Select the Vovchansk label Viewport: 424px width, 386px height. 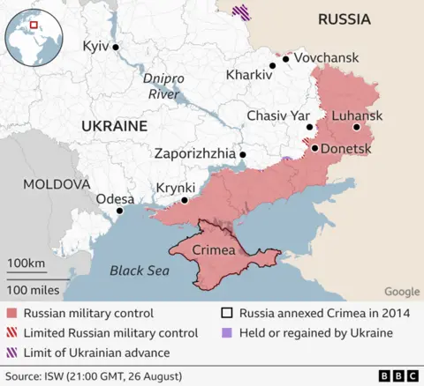point(326,57)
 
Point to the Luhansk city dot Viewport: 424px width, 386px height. point(357,127)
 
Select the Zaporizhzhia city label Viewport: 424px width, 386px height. point(194,153)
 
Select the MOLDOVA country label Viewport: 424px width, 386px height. point(57,184)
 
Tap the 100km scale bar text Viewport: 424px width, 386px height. point(26,264)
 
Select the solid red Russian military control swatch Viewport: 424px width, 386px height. point(11,313)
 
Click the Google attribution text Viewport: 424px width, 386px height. point(402,292)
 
